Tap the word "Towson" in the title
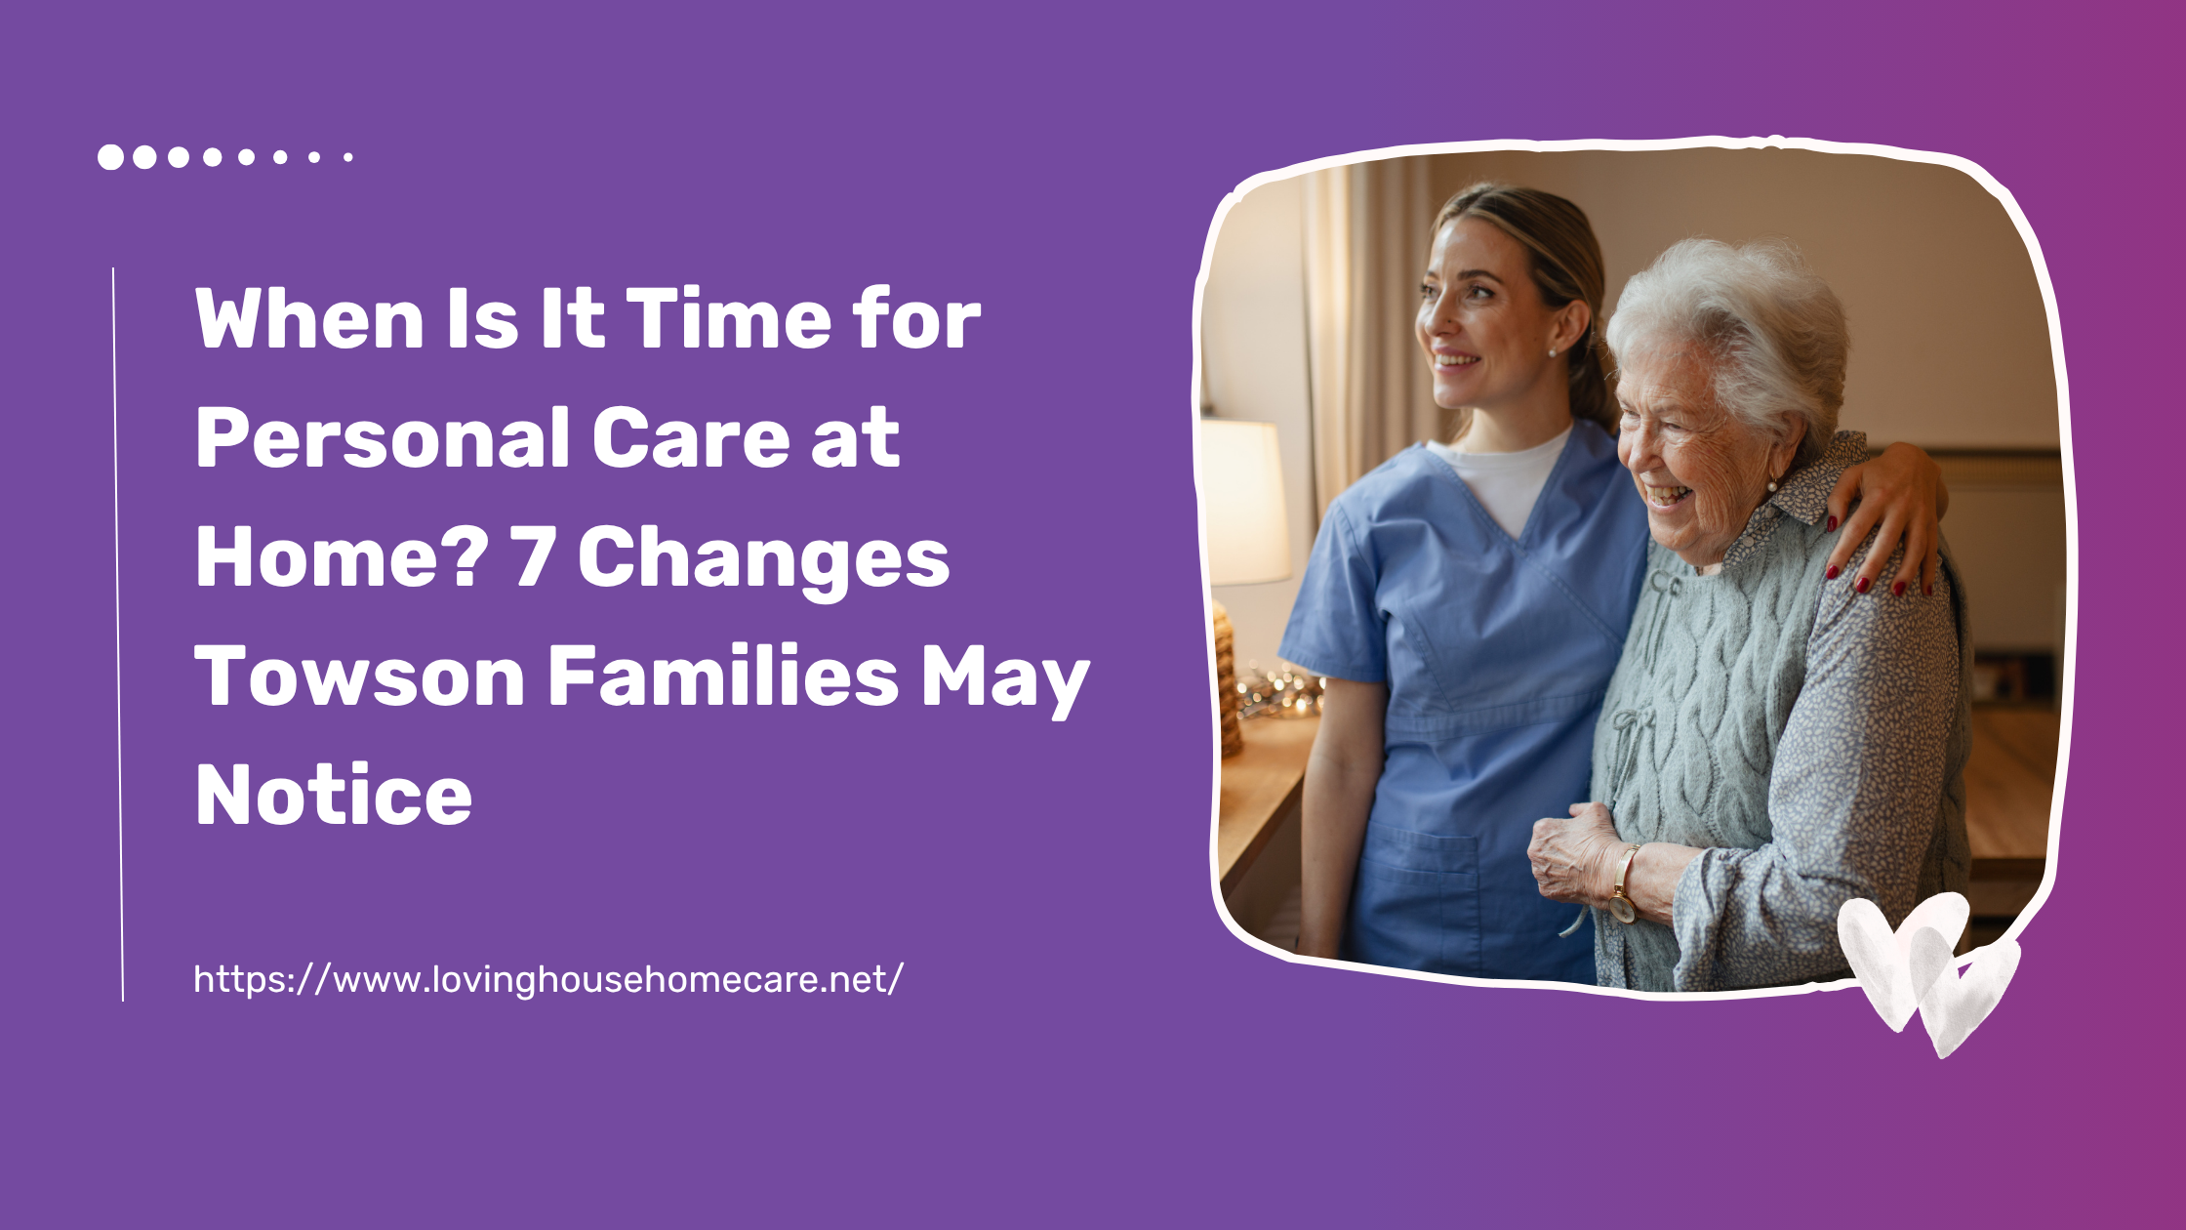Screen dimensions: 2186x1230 tap(360, 676)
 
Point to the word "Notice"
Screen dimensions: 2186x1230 tap(334, 796)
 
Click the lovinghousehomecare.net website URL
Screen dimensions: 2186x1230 tap(548, 979)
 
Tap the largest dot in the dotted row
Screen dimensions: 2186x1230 tap(110, 157)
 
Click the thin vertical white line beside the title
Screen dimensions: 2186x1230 tap(118, 635)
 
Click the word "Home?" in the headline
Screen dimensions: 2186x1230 tap(342, 556)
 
